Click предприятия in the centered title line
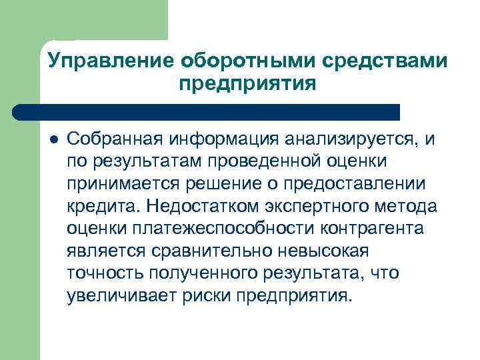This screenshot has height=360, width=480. point(247,85)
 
